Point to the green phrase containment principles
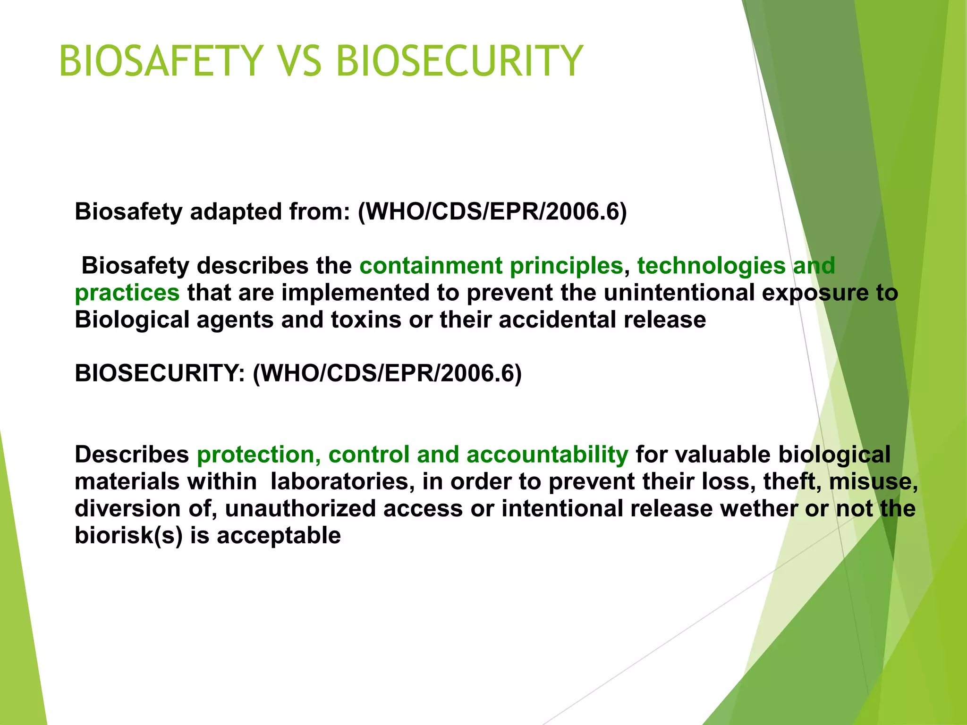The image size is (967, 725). click(491, 266)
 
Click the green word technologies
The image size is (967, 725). click(711, 266)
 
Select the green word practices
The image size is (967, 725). click(127, 293)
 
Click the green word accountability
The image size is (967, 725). click(547, 455)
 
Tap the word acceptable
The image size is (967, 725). click(279, 536)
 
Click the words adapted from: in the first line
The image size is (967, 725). click(270, 212)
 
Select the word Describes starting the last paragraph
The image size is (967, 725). click(132, 455)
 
